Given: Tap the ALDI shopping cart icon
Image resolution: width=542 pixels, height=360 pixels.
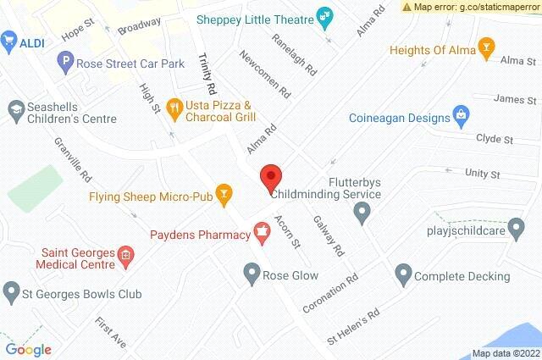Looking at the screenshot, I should coord(10,40).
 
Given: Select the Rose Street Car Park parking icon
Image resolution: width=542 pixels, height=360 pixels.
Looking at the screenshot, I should coord(64,60).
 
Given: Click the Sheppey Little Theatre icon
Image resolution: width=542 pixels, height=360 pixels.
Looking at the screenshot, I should coord(323,16).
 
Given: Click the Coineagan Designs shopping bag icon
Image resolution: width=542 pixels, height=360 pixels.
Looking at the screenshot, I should coord(461,113).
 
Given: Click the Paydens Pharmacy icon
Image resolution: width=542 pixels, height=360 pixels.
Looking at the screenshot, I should coord(262,230).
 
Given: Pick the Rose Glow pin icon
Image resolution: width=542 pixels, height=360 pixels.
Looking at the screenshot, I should coord(252,273).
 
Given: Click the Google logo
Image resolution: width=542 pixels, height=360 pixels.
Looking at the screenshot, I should coord(28,348).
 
